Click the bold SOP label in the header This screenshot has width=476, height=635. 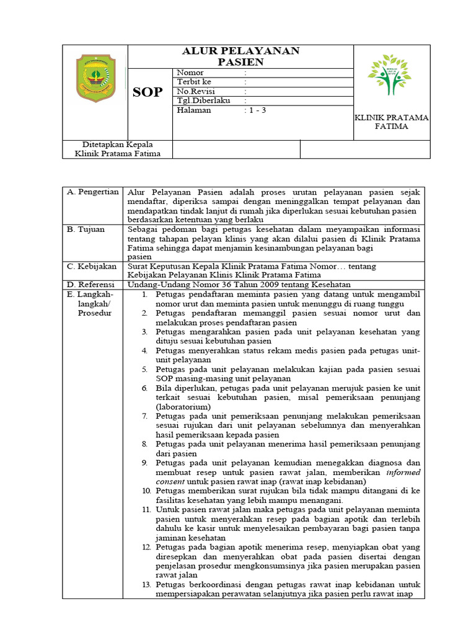(x=148, y=92)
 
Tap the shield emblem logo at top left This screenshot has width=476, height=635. (x=95, y=78)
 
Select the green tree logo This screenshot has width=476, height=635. (x=389, y=74)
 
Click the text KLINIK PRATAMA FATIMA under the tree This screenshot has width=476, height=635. (x=391, y=122)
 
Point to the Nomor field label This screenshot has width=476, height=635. (x=190, y=73)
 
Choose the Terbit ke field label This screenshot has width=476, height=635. (x=194, y=82)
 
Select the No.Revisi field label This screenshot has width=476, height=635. (x=195, y=92)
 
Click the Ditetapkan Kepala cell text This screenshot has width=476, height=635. (x=118, y=149)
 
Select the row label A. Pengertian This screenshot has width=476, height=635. (x=93, y=192)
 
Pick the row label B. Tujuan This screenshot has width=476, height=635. (x=87, y=229)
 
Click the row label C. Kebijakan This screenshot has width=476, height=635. (x=92, y=267)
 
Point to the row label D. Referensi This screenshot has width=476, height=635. (x=92, y=285)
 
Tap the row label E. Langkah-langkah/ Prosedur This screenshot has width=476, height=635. (x=94, y=304)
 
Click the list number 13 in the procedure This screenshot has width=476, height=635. (x=146, y=585)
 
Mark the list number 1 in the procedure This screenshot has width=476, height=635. (x=144, y=295)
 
